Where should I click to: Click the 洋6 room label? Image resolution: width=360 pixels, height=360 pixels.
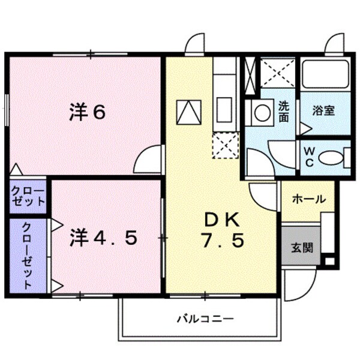tap(88, 112)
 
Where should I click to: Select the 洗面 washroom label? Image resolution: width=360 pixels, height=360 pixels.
tap(284, 112)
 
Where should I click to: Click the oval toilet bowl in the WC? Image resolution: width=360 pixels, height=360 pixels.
tap(331, 158)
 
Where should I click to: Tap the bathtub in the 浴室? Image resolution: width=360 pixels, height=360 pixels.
tap(325, 75)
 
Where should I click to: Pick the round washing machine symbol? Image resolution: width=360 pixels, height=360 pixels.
tap(261, 112)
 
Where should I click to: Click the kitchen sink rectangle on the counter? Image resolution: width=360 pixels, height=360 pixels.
tap(224, 110)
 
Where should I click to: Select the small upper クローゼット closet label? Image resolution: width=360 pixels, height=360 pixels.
tap(28, 196)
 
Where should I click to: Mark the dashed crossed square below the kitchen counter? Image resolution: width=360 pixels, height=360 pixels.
tap(225, 146)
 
